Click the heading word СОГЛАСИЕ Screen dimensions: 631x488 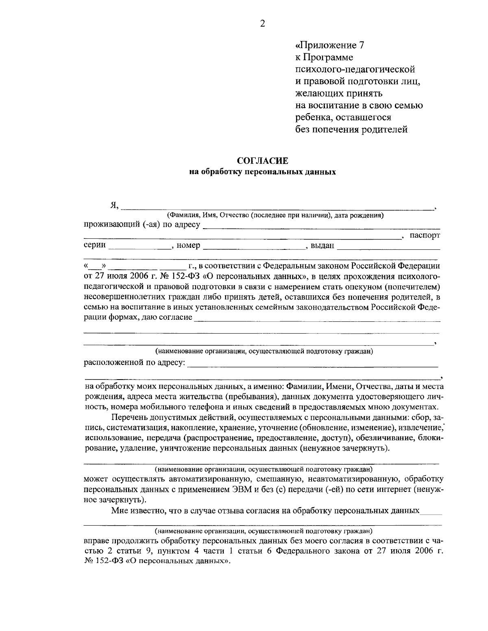(262, 162)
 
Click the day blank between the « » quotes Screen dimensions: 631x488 (95, 266)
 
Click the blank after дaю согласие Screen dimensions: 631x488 (317, 318)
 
